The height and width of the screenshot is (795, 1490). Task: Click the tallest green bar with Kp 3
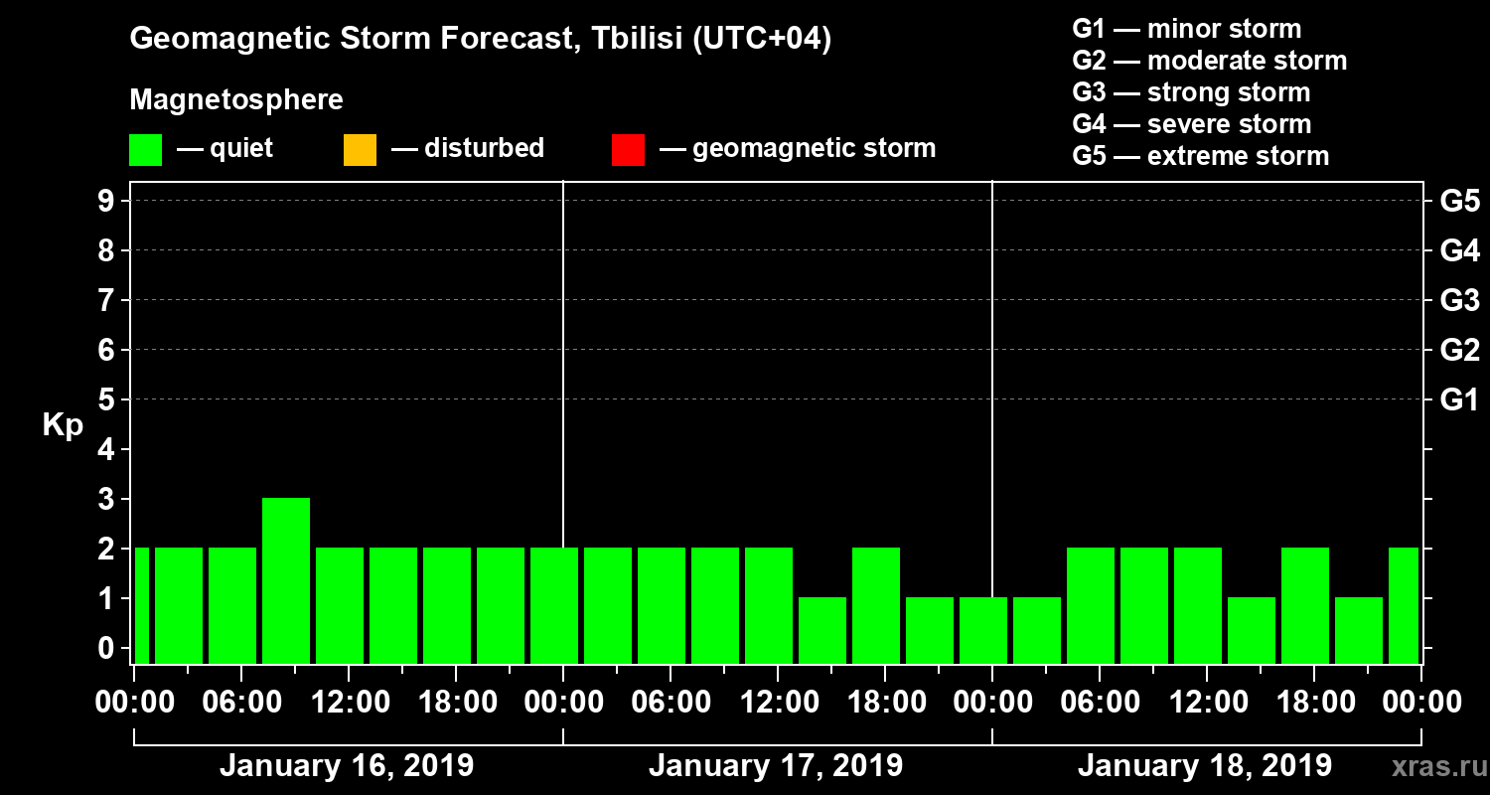(x=286, y=580)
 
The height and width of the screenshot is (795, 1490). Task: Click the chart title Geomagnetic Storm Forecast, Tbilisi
(x=481, y=39)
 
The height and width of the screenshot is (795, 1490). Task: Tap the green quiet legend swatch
(x=145, y=150)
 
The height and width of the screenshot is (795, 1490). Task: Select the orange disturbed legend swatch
(x=360, y=150)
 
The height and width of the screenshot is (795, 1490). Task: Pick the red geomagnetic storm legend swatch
(x=628, y=150)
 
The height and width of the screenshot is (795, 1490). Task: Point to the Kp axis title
(x=63, y=425)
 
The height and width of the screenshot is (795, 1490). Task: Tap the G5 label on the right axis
(x=1459, y=202)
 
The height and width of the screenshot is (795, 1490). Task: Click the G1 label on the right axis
(x=1459, y=400)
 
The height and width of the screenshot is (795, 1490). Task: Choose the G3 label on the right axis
(x=1459, y=300)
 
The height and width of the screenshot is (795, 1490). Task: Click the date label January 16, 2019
(x=346, y=766)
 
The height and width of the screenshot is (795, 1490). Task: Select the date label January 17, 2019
(x=775, y=766)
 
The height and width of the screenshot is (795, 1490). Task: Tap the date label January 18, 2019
(x=1204, y=766)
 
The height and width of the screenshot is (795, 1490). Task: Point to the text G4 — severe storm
(x=1191, y=124)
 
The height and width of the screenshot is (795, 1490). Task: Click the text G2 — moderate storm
(x=1209, y=61)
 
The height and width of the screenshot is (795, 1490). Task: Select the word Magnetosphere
(x=236, y=100)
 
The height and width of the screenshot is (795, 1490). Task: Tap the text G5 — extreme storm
(x=1200, y=156)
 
